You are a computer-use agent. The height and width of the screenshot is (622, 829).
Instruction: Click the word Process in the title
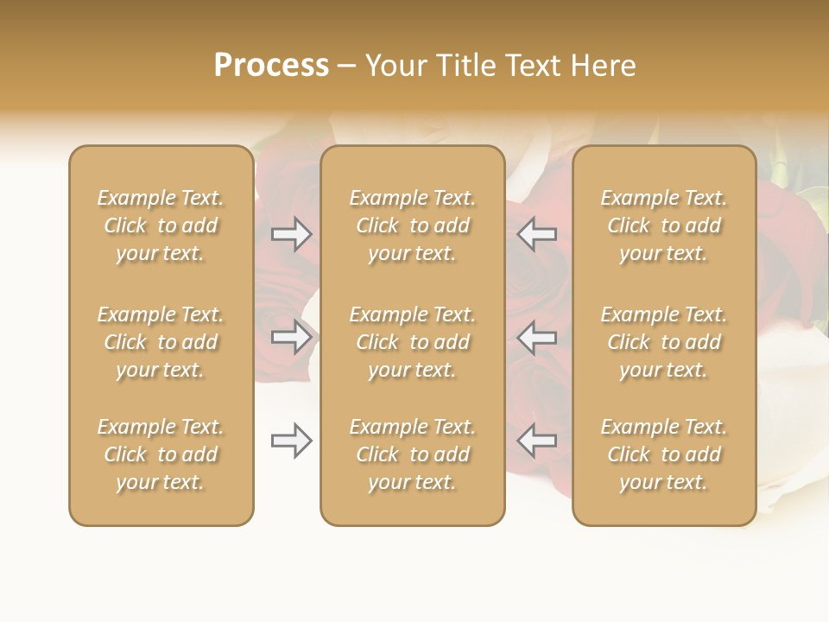271,66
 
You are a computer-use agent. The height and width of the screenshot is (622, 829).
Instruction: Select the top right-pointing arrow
292,234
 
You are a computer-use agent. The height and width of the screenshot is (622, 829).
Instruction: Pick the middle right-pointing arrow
292,337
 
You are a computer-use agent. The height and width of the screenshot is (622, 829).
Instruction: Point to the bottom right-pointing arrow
292,441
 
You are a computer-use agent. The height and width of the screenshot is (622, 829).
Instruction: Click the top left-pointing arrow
536,234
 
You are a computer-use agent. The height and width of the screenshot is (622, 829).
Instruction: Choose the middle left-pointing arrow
536,337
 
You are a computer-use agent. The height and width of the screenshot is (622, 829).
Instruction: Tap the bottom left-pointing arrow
536,441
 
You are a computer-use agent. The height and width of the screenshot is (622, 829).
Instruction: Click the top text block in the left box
161,225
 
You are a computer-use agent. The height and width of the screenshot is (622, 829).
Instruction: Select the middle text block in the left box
161,342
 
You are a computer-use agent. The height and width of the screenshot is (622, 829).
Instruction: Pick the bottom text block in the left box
161,454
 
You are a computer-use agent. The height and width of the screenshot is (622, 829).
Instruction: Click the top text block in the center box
413,225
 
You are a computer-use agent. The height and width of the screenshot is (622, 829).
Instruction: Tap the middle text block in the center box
413,342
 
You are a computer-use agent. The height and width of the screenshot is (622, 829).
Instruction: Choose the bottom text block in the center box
413,454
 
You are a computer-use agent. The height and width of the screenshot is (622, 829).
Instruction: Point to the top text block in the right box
664,225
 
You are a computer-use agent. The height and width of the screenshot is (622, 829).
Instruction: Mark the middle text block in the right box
664,342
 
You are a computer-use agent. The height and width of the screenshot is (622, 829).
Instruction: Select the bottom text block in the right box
664,454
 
